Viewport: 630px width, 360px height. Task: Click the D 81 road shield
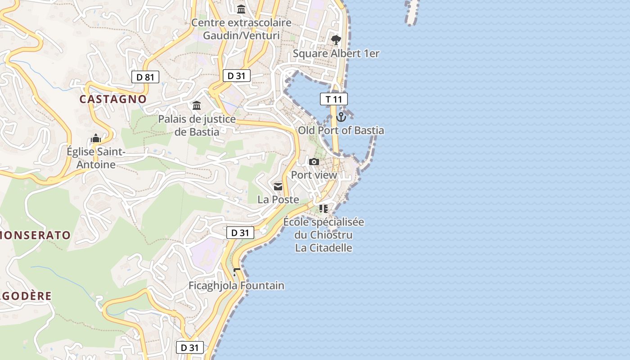coord(145,77)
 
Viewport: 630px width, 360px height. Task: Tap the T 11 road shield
coord(334,99)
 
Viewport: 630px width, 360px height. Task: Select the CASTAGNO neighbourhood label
coord(113,99)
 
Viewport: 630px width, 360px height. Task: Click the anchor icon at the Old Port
coord(341,117)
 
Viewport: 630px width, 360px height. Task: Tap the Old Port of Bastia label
coord(341,130)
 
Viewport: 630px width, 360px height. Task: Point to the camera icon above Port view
coord(314,162)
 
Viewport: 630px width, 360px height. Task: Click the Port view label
coord(314,175)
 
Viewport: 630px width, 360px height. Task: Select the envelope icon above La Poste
coord(278,186)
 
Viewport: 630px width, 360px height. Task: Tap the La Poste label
coord(278,199)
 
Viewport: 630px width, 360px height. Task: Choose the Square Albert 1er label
coord(336,54)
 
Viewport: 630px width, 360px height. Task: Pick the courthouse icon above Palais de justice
coord(197,106)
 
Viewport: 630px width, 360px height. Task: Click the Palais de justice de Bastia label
coord(197,125)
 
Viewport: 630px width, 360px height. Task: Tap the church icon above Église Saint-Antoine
coord(95,139)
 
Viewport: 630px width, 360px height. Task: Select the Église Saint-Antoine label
coord(95,158)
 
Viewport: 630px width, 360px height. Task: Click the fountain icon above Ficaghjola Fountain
coord(237,272)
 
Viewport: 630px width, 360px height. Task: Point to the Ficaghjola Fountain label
coord(236,285)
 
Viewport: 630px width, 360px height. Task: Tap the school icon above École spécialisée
coord(323,208)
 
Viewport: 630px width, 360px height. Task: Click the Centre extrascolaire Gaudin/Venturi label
coord(242,29)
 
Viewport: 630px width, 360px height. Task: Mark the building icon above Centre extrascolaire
coord(242,9)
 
